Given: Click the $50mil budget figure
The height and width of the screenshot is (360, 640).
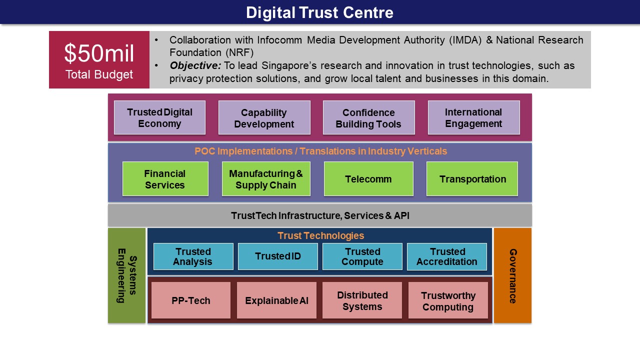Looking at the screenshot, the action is click(99, 53).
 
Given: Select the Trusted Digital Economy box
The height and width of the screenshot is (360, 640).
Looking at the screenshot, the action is click(159, 117).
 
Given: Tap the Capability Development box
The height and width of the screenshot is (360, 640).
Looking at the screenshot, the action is click(264, 117).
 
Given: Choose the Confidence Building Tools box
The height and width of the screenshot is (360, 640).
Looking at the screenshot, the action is click(369, 117).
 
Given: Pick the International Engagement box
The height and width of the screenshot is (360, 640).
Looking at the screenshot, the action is click(473, 117).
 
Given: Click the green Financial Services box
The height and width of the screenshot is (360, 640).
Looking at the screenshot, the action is click(165, 179).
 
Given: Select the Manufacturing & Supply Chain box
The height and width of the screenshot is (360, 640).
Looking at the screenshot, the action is click(266, 179).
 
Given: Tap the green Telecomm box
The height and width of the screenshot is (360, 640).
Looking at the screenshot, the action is click(368, 179).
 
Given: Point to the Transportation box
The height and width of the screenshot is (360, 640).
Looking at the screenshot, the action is click(472, 179).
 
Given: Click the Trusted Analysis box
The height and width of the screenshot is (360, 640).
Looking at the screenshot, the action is click(193, 256).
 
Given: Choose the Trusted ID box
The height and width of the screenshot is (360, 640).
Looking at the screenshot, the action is click(277, 256).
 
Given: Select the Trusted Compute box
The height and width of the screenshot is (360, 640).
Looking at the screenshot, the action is click(362, 256).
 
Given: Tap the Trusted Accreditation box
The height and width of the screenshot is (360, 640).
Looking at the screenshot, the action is click(447, 256).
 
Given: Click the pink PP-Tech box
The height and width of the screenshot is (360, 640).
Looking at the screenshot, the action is click(191, 300).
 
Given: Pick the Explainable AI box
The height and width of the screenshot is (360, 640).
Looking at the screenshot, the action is click(276, 300).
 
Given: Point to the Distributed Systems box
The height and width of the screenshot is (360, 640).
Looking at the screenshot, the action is click(362, 300).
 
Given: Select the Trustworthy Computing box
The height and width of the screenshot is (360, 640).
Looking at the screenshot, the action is click(448, 300).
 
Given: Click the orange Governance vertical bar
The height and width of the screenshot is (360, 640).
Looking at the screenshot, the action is click(513, 275).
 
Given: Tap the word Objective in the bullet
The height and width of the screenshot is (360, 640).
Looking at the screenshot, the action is click(195, 65).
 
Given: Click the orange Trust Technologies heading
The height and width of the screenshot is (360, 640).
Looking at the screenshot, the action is click(320, 235).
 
